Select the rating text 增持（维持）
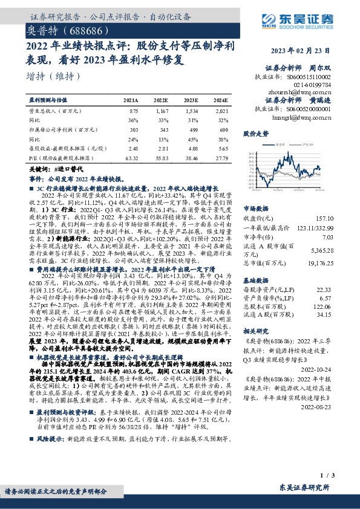(x=54, y=76)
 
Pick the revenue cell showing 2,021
(x=222, y=111)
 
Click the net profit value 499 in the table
(x=192, y=129)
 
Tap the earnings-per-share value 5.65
(x=223, y=148)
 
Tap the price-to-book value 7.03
(x=326, y=237)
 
